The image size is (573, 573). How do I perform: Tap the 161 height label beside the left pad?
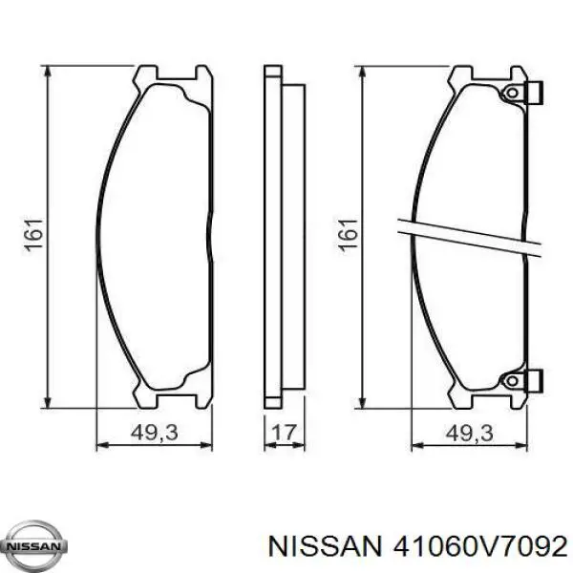pyautogui.click(x=34, y=236)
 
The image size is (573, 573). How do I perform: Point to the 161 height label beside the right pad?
pyautogui.click(x=349, y=236)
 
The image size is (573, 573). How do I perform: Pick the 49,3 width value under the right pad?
pyautogui.click(x=468, y=433)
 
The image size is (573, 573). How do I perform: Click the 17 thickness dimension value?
pyautogui.click(x=283, y=433)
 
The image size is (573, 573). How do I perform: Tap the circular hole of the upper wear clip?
pyautogui.click(x=511, y=94)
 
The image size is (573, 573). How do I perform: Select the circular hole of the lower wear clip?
pyautogui.click(x=511, y=380)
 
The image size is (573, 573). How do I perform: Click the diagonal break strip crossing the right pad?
pyautogui.click(x=468, y=236)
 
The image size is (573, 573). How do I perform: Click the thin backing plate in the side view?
pyautogui.click(x=272, y=236)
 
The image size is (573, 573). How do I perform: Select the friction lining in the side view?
pyautogui.click(x=292, y=236)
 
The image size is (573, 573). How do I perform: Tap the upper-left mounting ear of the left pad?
pyautogui.click(x=146, y=74)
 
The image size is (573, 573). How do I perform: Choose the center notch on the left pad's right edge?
pyautogui.click(x=210, y=236)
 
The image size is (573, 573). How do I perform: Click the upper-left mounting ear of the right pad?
pyautogui.click(x=460, y=74)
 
